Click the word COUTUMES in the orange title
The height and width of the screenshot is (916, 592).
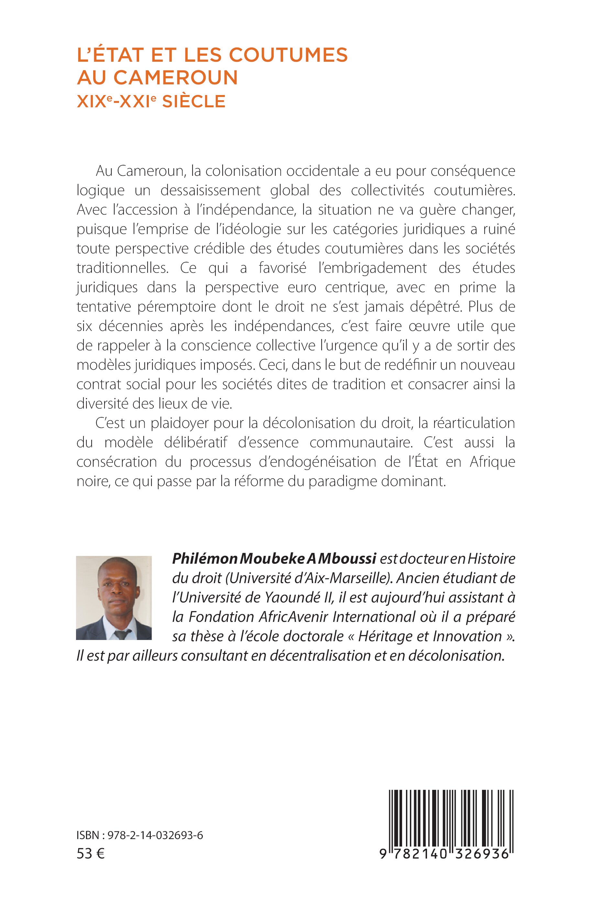coord(290,55)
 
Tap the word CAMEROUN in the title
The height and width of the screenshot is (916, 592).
coord(176,78)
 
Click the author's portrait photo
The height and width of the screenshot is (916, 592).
coord(114,598)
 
